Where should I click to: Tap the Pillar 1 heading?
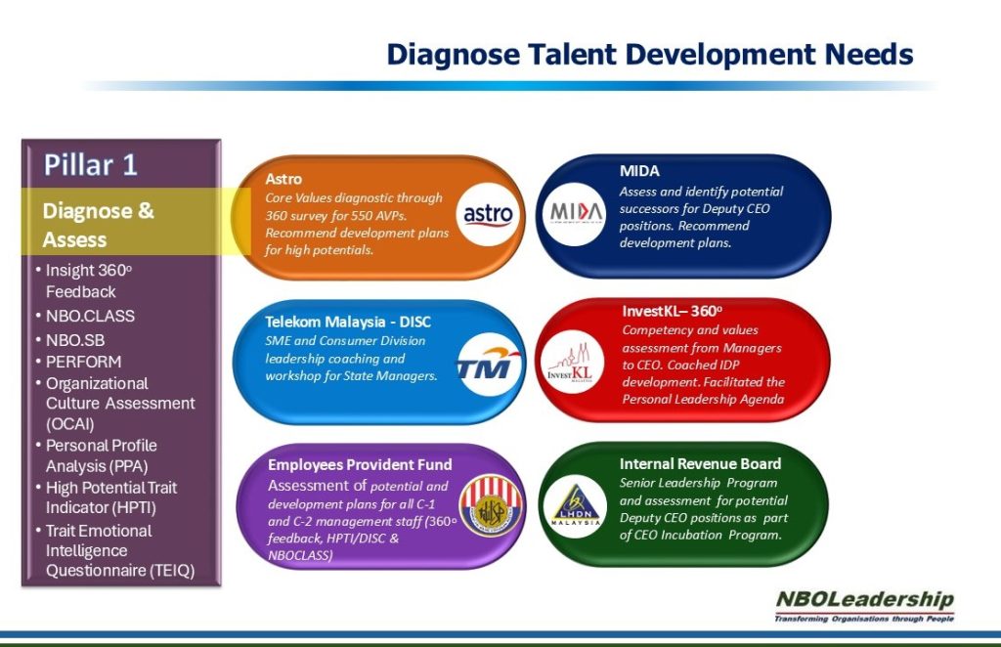point(90,164)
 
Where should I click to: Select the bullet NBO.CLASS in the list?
point(90,316)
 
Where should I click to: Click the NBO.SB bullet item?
point(75,339)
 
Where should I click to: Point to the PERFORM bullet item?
point(83,362)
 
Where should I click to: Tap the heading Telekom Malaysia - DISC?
point(348,322)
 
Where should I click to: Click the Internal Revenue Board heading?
point(700,463)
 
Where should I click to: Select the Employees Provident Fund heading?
point(360,464)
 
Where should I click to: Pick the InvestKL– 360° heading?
point(672,311)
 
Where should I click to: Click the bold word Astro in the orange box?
point(283,179)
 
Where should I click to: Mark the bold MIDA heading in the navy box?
point(639,171)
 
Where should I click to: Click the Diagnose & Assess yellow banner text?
point(98,225)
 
